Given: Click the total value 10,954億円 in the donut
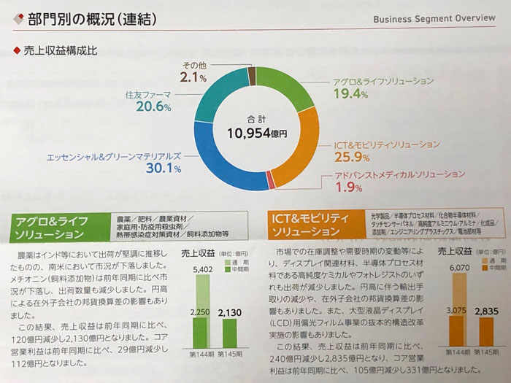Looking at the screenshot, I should (x=256, y=134).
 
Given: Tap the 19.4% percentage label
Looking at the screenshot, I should (x=350, y=94).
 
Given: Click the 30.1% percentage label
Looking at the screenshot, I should (x=164, y=169).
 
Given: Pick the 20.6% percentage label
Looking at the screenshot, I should (x=153, y=107).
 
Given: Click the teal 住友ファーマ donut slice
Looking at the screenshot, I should (x=217, y=91).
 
